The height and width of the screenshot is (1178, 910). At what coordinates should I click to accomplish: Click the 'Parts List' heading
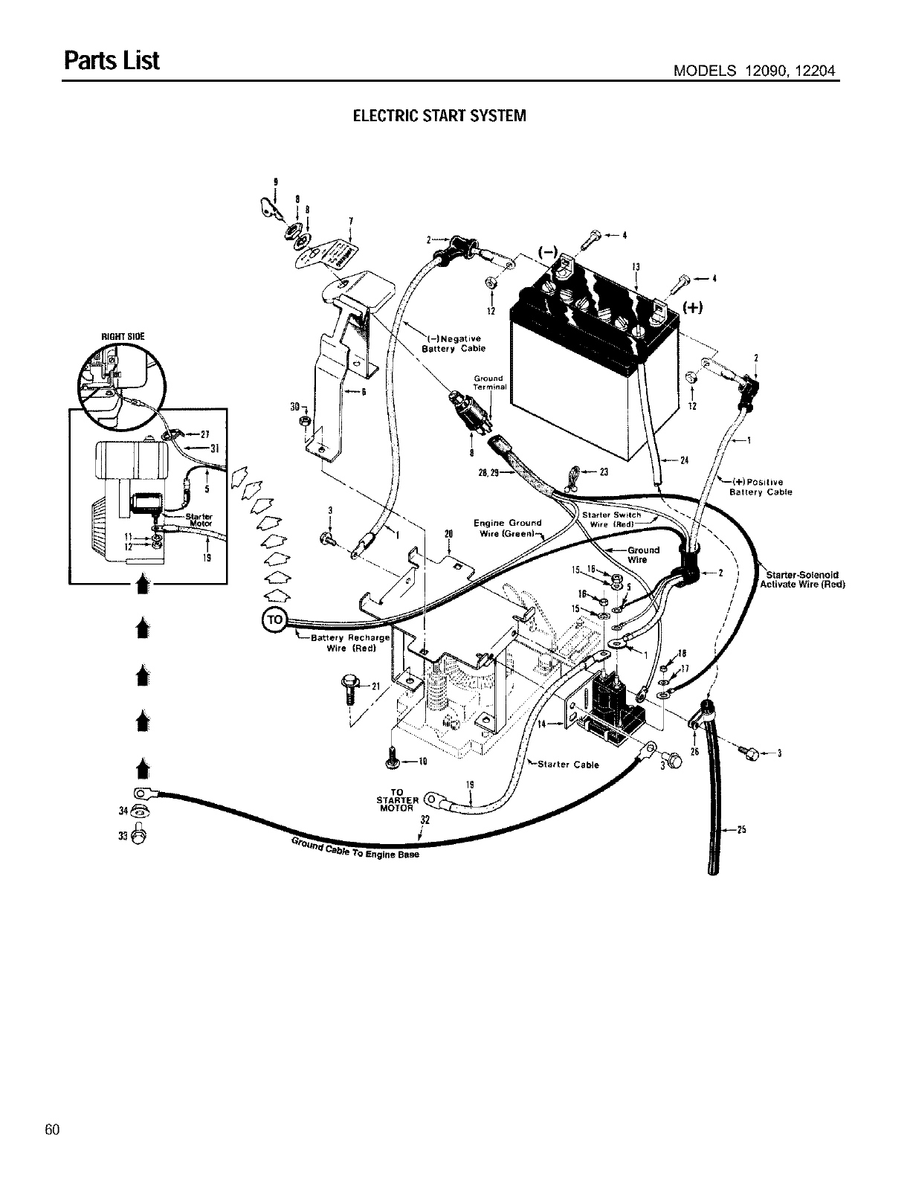coord(112,59)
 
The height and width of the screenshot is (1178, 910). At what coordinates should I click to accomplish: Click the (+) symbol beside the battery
coord(693,308)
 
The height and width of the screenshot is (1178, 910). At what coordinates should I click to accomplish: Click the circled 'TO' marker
coord(273,619)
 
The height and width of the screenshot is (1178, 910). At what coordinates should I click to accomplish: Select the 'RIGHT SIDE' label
coord(123,335)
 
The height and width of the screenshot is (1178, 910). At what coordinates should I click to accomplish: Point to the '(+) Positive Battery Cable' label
coord(760,486)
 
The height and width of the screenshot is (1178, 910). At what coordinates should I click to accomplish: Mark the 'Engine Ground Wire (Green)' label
coord(508,527)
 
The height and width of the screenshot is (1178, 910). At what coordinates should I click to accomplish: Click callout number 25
coord(741,829)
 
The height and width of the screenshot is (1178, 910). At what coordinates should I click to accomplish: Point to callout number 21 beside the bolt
coord(375,685)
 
